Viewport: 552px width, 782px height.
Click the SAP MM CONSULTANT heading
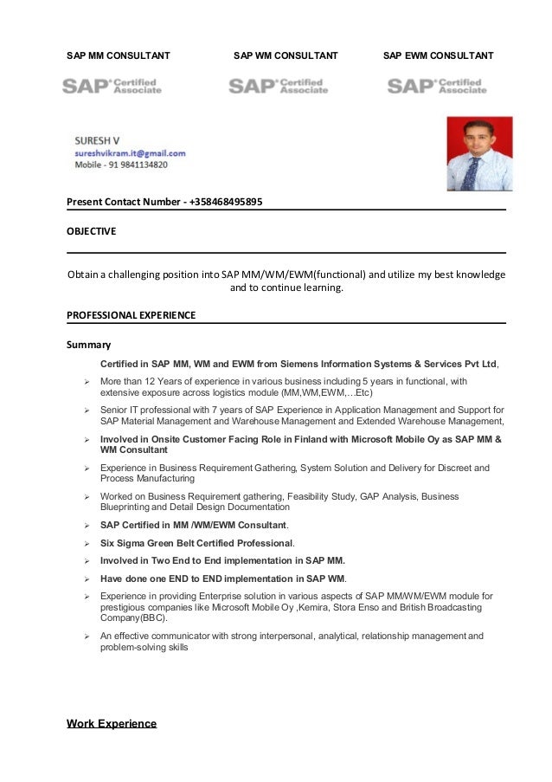point(119,56)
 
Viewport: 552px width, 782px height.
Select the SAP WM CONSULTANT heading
point(286,56)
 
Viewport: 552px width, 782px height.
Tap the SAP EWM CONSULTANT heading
point(438,56)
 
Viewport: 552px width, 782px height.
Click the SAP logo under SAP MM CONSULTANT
point(112,87)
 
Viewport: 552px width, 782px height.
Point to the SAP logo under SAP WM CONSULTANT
point(278,87)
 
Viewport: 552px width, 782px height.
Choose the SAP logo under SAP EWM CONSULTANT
point(437,87)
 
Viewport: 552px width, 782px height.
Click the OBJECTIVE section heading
point(92,231)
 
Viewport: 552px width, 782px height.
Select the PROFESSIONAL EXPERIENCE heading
point(132,314)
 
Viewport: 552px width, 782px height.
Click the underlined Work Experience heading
point(112,723)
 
